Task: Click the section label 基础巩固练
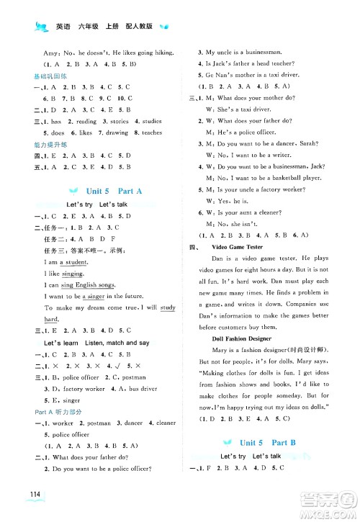tap(41, 75)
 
